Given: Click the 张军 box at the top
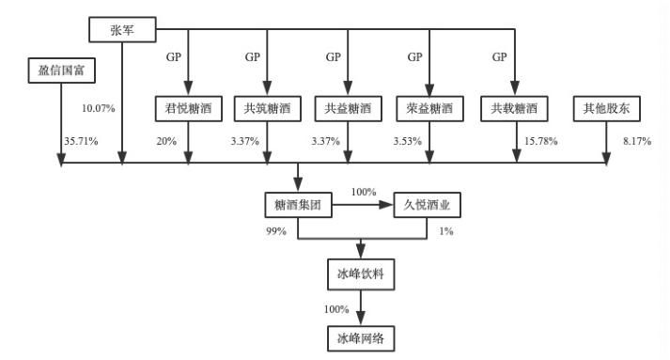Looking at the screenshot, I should (122, 29).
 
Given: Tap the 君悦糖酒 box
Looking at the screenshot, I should (188, 109).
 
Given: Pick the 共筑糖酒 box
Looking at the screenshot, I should (268, 109).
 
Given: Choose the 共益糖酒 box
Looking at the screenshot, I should (348, 109).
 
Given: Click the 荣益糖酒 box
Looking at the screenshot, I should (429, 109).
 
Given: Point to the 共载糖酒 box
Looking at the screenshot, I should (514, 109).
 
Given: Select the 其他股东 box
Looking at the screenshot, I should (606, 109).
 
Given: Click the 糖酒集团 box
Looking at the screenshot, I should (298, 206).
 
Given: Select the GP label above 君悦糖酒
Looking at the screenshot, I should (171, 56).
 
